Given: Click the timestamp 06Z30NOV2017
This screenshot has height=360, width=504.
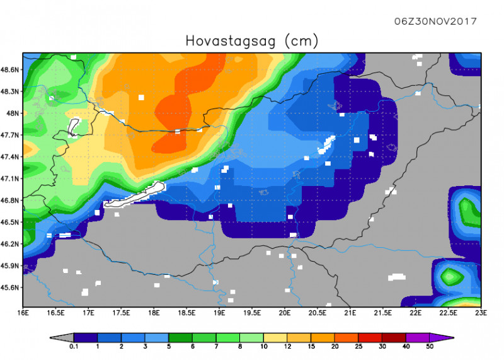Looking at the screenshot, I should pos(435,21).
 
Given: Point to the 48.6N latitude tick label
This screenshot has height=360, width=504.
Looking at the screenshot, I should pos(12,69).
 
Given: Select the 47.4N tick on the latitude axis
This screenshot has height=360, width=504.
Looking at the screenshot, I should pos(12,157).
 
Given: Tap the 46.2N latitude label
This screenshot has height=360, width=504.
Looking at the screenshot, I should pos(12,244).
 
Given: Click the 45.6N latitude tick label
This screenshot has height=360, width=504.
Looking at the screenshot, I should pos(12,287).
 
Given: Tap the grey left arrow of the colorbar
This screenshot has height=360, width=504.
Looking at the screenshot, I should pos(62,337).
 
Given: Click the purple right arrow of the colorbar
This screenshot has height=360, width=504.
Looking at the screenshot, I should pos(442,337).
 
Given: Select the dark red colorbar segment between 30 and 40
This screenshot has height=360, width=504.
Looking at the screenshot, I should pos(394,337).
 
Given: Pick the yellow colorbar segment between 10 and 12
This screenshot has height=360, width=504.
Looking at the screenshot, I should pos(276,337).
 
